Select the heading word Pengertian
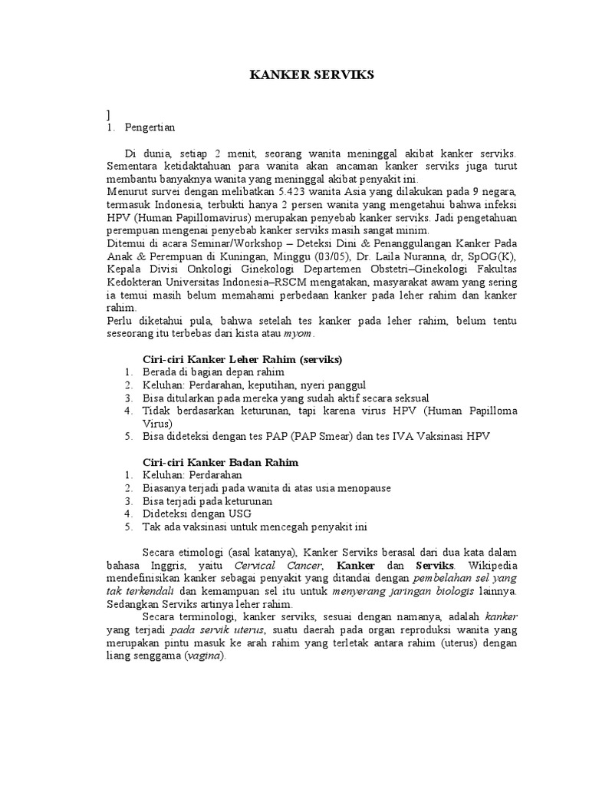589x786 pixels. point(150,128)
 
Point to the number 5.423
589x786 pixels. point(274,191)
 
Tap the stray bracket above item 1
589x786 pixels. point(109,114)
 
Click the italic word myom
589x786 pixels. point(298,335)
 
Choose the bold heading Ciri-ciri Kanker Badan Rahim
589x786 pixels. point(221,462)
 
